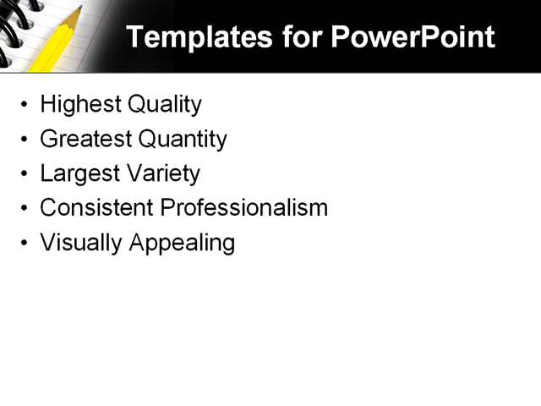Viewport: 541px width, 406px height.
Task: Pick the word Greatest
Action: (85, 139)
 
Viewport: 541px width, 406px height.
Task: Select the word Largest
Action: (79, 173)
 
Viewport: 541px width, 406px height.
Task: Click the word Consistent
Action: (96, 207)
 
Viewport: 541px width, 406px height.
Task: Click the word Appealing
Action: (182, 243)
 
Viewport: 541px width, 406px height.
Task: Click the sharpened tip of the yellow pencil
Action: (79, 9)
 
